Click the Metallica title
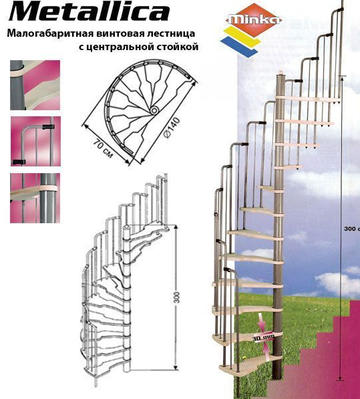pos(89,11)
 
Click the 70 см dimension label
pos(102,148)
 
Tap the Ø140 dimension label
pos(172,128)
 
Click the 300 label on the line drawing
pos(177,297)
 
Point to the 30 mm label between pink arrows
pos(263,338)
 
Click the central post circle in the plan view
pos(154,110)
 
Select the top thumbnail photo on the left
pos(35,86)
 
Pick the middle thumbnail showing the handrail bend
pos(35,142)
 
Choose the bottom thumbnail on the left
pos(35,198)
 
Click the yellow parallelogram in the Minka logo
pos(242,37)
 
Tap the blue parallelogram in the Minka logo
pos(239,47)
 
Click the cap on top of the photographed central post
pos(281,73)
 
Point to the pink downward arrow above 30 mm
pos(262,322)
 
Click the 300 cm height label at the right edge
pos(352,229)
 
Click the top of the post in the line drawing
pos(127,227)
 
